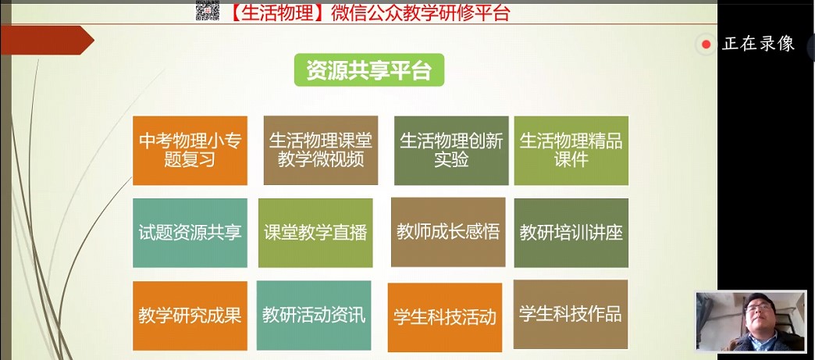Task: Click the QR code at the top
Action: click(208, 10)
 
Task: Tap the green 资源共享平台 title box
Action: click(369, 70)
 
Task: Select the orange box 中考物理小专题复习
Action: click(190, 151)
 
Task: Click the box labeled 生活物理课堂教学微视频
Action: click(321, 151)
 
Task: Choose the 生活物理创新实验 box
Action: click(451, 151)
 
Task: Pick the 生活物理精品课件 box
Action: click(571, 151)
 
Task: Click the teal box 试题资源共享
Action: click(190, 233)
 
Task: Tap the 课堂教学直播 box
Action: click(315, 233)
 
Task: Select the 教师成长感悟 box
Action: click(448, 232)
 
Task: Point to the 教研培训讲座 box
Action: click(571, 233)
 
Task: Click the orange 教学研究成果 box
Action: click(190, 315)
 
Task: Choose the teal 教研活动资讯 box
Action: click(314, 315)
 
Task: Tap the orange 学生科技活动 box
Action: click(445, 317)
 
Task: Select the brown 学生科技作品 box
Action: click(571, 314)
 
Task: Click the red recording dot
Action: click(706, 45)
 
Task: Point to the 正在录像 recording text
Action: click(758, 45)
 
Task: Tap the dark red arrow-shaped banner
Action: click(47, 40)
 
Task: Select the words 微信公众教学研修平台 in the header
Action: click(420, 12)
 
